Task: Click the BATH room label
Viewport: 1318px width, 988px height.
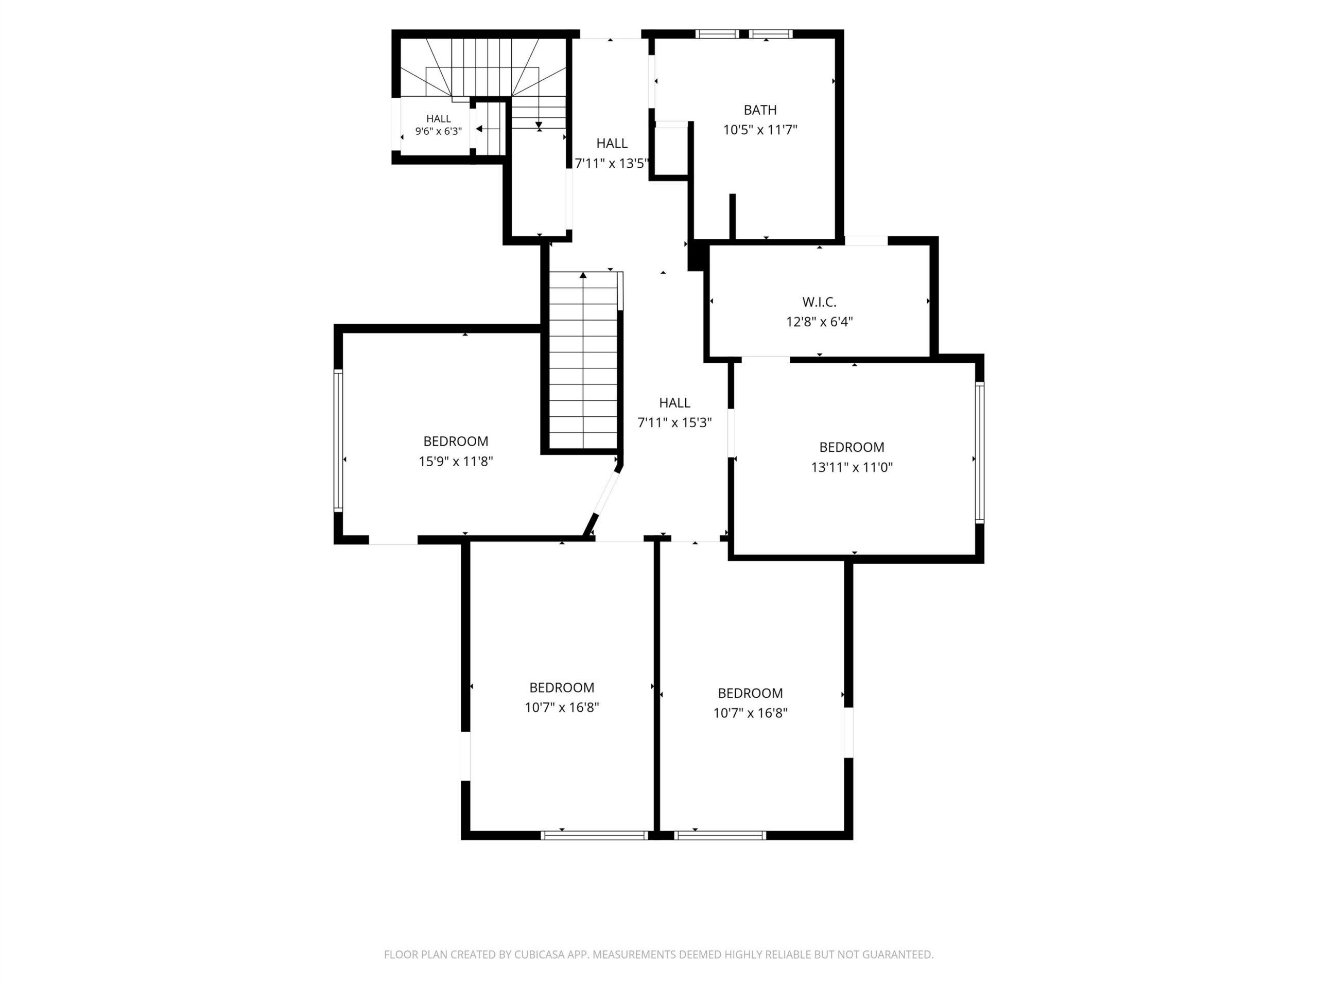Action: tap(760, 110)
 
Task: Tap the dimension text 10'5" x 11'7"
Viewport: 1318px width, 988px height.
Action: tap(760, 130)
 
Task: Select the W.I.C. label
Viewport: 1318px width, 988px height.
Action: tap(819, 302)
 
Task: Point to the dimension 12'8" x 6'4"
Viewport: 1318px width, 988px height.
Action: tap(819, 322)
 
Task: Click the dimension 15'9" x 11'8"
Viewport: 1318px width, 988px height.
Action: tap(456, 461)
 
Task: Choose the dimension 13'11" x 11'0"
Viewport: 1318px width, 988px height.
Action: tap(852, 467)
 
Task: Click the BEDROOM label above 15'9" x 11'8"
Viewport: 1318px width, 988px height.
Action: tap(456, 442)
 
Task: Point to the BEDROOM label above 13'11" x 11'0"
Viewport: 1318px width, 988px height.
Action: tap(852, 447)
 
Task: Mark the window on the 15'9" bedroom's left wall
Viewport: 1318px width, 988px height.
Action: tap(338, 440)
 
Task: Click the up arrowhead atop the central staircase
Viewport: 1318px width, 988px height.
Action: tap(583, 275)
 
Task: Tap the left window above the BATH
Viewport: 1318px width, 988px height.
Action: tap(717, 34)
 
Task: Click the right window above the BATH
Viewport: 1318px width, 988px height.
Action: tap(771, 34)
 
